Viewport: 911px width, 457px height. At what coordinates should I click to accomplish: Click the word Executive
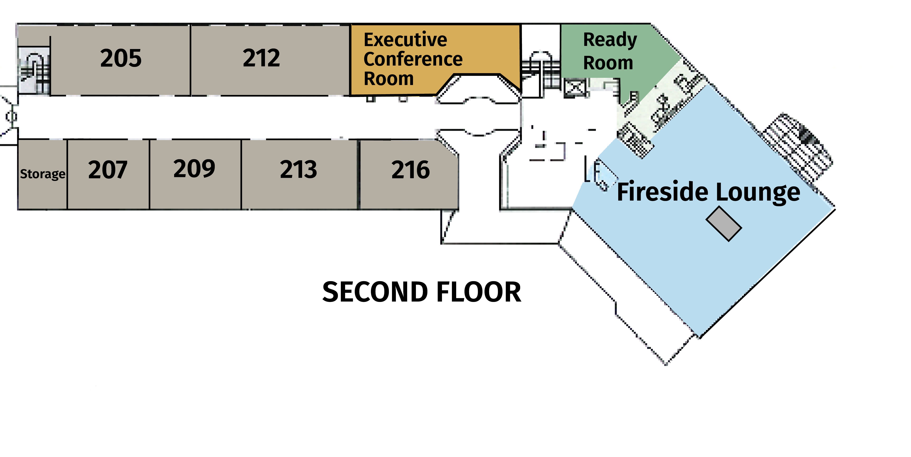click(405, 40)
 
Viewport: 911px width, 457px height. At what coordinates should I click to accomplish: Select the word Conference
click(413, 59)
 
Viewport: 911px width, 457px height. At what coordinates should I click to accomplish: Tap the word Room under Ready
click(608, 63)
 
